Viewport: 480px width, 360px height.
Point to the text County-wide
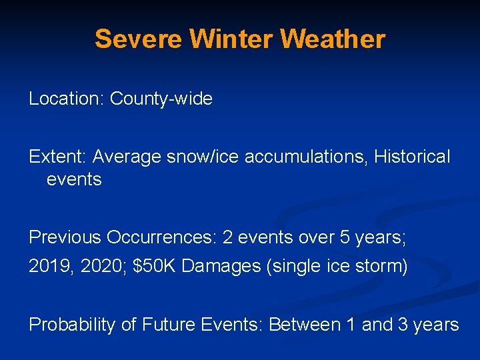[x=161, y=99]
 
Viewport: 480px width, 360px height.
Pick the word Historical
[x=412, y=157]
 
